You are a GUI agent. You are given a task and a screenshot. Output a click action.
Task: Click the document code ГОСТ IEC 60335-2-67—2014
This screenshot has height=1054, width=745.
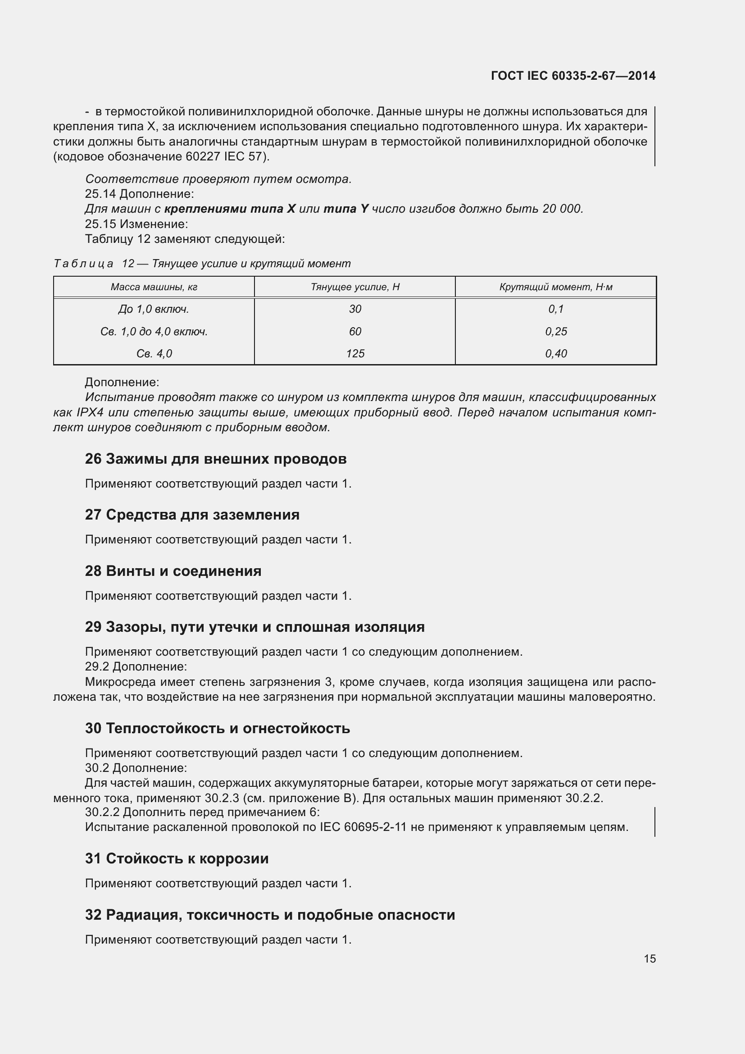point(573,76)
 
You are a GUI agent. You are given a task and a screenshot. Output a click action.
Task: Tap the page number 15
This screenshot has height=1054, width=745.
point(650,958)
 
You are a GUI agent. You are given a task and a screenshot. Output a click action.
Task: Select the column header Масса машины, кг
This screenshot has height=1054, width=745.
point(154,287)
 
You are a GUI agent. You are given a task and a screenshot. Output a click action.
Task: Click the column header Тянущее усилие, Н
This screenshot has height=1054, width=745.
point(355,287)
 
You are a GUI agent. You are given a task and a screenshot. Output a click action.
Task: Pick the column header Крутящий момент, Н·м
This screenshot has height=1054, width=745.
point(555,287)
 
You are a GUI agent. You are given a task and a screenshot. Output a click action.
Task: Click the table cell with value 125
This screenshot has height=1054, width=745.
point(355,353)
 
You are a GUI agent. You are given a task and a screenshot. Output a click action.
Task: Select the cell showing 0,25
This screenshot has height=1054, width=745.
point(556,332)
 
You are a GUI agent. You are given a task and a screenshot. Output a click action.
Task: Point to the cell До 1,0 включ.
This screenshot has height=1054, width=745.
point(154,310)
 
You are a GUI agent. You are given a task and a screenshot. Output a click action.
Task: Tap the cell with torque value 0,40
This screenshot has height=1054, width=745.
point(556,353)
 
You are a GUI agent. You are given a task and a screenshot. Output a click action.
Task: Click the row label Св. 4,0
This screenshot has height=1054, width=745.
point(154,353)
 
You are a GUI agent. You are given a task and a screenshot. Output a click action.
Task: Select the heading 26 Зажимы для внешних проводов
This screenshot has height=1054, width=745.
point(216,459)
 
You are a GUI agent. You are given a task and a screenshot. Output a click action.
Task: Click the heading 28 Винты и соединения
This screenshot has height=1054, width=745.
point(173,571)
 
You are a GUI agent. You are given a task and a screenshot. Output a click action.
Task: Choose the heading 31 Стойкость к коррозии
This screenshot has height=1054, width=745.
point(177,858)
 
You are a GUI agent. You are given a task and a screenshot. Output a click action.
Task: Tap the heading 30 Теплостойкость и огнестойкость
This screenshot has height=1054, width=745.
point(218,728)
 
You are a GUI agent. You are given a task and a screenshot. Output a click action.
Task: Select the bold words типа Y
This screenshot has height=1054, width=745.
point(346,209)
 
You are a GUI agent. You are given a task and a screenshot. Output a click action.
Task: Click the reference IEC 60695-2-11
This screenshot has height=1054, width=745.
point(363,827)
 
